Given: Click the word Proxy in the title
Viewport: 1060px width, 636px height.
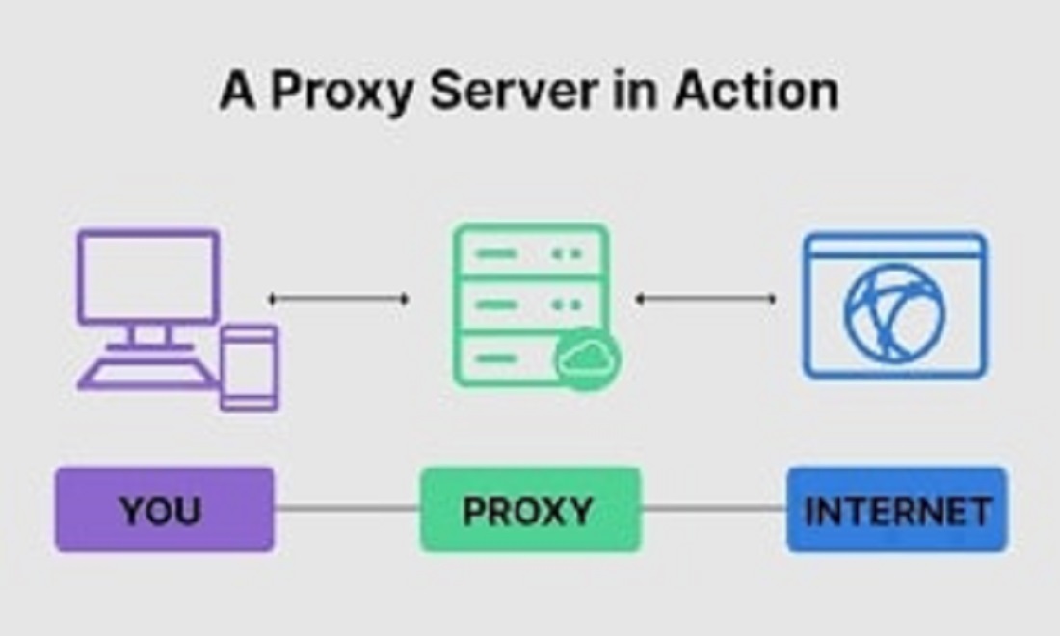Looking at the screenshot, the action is coord(341,92).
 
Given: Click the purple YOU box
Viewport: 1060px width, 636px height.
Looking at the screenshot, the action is coord(164,511).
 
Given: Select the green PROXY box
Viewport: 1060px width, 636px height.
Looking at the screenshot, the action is coord(531,511).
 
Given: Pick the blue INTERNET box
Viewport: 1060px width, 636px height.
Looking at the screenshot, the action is coord(897,511).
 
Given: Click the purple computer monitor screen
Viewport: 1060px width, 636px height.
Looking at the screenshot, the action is coord(148,278).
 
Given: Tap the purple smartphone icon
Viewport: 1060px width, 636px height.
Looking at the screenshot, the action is coord(249,368).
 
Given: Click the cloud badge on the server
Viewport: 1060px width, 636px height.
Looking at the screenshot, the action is coord(588,358).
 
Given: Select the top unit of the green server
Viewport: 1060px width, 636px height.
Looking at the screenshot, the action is coord(531,252).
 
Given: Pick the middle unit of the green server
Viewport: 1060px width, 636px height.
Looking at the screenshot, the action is coord(531,305).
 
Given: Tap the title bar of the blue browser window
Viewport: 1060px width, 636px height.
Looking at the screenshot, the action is coord(895,246).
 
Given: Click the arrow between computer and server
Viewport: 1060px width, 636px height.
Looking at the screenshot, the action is coord(338,298).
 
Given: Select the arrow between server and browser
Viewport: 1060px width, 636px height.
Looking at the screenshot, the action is coord(705,298).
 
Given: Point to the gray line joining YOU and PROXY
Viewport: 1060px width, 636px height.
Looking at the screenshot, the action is coord(348,508).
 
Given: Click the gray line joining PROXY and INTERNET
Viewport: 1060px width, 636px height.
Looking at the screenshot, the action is coord(714,508).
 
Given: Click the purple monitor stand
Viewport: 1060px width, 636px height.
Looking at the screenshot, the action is coord(148,336).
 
